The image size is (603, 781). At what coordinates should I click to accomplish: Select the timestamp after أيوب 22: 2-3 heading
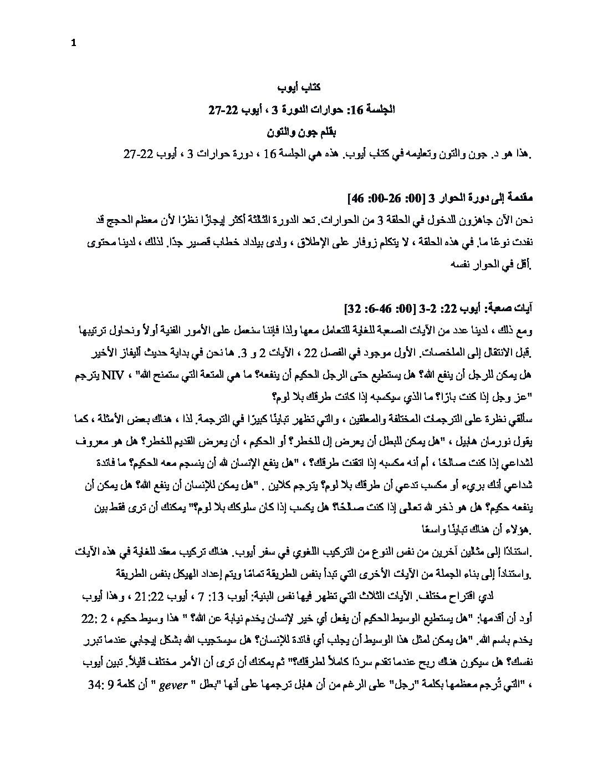tap(386, 307)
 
